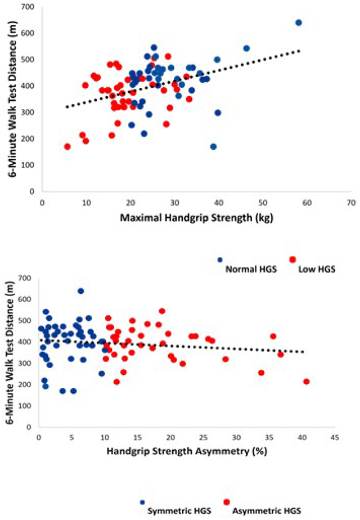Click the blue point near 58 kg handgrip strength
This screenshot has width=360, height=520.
point(299,23)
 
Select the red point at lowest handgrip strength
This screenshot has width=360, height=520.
point(67,147)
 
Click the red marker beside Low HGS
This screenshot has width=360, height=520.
point(292,259)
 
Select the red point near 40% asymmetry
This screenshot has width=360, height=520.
point(307,382)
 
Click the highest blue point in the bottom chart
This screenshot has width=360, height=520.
point(80,291)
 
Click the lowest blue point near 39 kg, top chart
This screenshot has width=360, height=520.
point(213,146)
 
